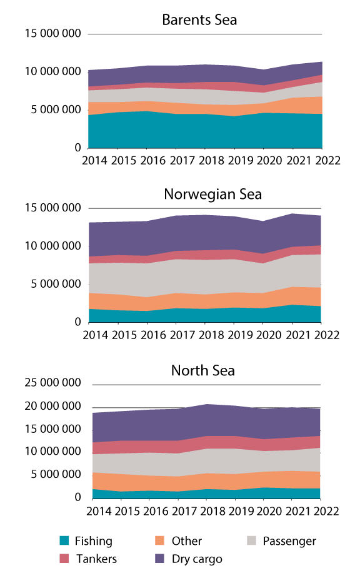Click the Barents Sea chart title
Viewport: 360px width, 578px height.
[x=199, y=20]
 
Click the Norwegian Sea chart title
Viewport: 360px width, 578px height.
[x=212, y=194]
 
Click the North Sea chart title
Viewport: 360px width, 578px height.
[x=203, y=370]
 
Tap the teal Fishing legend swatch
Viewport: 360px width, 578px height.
[x=64, y=541]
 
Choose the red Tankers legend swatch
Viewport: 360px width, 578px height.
[x=64, y=559]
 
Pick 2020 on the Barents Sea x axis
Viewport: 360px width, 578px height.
[x=263, y=160]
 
